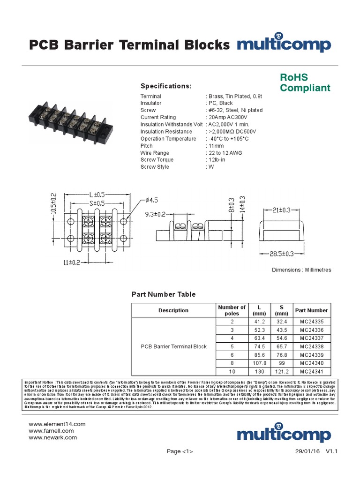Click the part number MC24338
click(312, 346)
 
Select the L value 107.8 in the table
click(259, 363)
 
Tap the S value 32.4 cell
click(282, 322)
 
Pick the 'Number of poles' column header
click(232, 310)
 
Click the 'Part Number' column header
click(312, 310)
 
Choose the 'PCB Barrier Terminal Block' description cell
click(174, 346)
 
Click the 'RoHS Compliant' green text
click(305, 82)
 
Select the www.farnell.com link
click(52, 430)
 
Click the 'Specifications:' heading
click(166, 86)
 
